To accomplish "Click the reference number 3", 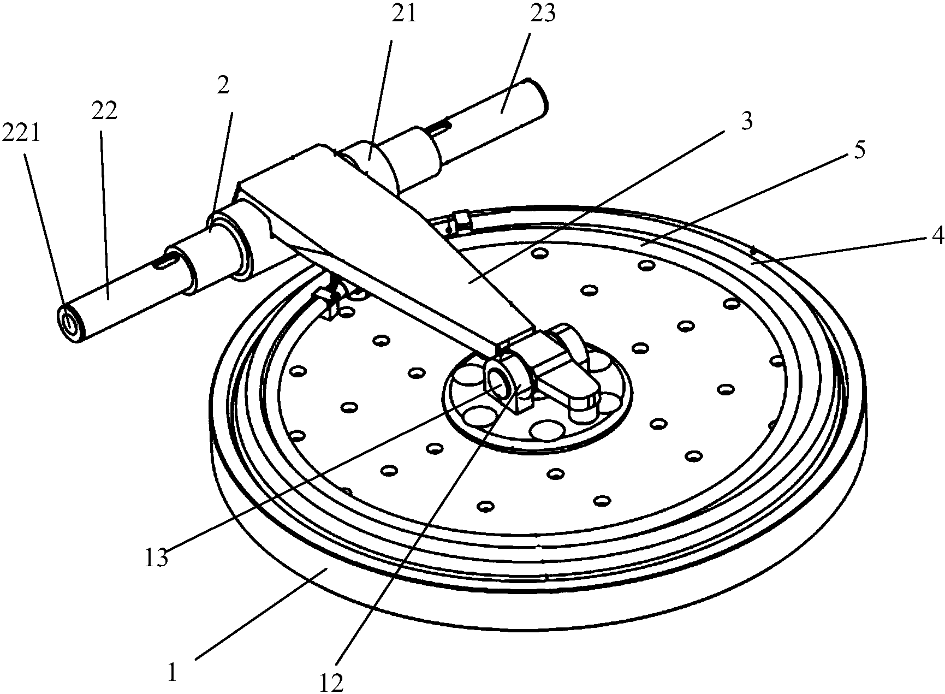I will (747, 121).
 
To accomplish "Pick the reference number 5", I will (858, 150).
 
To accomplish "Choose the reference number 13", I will (157, 558).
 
